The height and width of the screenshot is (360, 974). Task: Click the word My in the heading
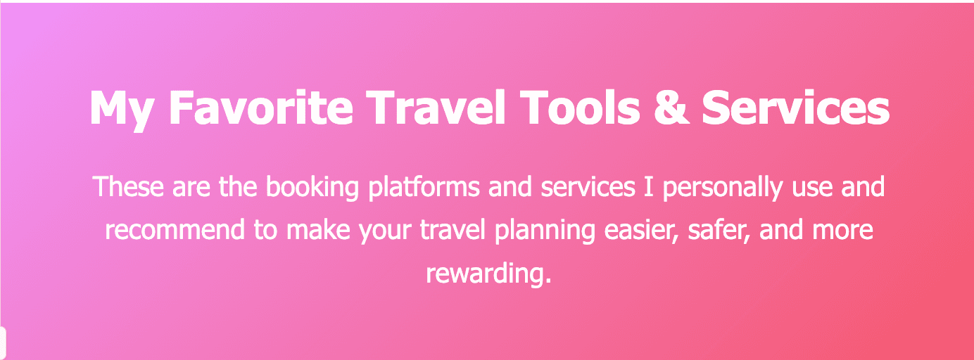121,109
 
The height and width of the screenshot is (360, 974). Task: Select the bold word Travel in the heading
436,108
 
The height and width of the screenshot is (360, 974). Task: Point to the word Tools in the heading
580,108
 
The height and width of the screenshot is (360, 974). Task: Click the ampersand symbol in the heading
671,108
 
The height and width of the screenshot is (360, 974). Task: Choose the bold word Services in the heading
796,108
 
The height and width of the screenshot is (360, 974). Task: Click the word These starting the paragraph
128,187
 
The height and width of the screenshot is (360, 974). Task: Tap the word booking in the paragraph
312,188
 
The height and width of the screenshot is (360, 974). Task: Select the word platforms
424,188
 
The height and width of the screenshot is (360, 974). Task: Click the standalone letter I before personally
649,187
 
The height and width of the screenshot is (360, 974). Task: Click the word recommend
175,230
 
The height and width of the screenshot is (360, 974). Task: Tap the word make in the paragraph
318,230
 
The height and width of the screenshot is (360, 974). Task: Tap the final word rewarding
488,274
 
